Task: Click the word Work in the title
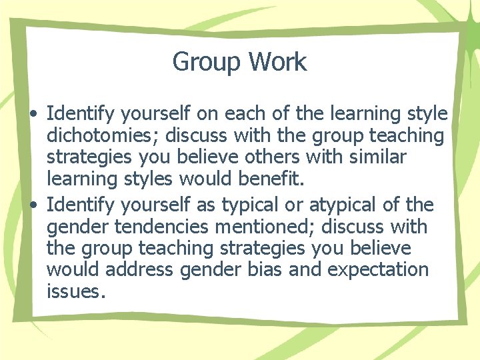[277, 62]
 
